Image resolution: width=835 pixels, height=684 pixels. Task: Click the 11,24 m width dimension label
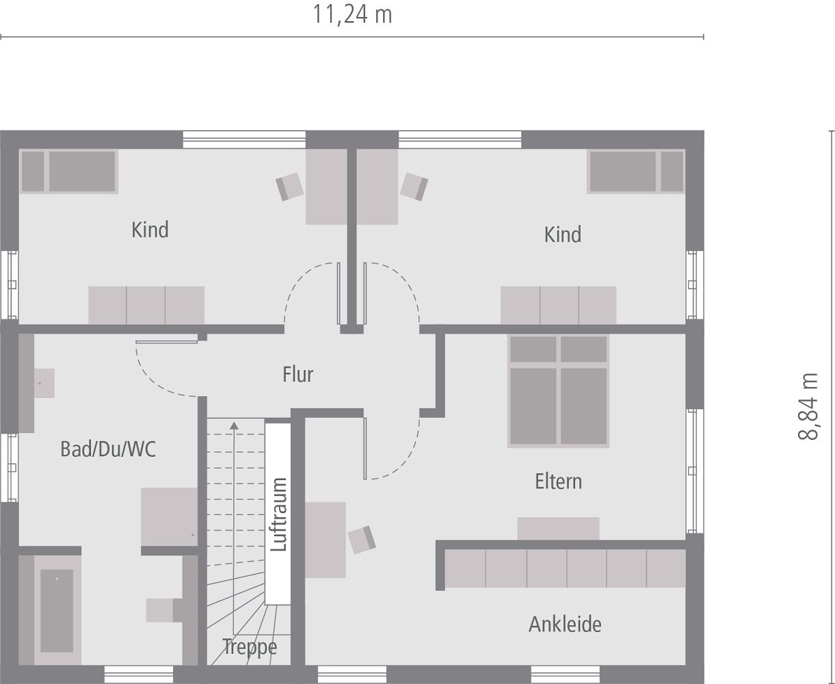[352, 14]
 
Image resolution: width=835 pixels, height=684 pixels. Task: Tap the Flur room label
[297, 374]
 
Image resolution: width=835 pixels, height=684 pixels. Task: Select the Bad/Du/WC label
[108, 449]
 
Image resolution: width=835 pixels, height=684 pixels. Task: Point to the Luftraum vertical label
[278, 514]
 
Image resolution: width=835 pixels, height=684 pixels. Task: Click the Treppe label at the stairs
[250, 646]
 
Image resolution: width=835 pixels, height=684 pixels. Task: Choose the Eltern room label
[558, 481]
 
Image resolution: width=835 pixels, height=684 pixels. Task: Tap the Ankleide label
[565, 624]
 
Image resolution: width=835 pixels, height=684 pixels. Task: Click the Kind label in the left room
[150, 230]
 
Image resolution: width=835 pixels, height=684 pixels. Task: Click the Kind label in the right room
[562, 235]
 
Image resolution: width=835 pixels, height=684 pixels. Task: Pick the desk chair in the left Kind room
[290, 186]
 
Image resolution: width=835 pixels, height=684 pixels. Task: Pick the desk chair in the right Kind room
[414, 186]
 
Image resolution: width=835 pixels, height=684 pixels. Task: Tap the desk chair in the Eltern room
[362, 540]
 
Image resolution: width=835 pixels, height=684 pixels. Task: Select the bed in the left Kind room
[69, 172]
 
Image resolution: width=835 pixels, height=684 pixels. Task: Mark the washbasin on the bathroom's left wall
[43, 383]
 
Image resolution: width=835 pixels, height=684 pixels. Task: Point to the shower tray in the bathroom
[169, 516]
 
